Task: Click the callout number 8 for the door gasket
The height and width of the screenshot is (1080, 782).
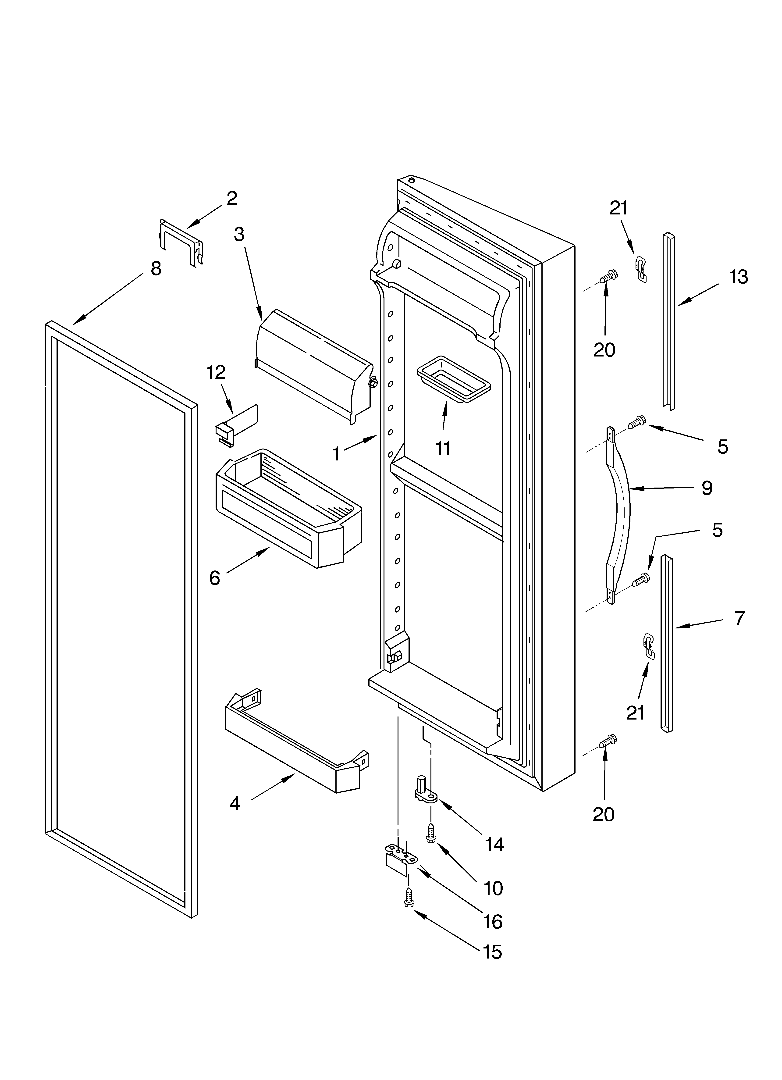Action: pos(156,269)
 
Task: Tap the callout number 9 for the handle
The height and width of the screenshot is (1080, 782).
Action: pos(707,488)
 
